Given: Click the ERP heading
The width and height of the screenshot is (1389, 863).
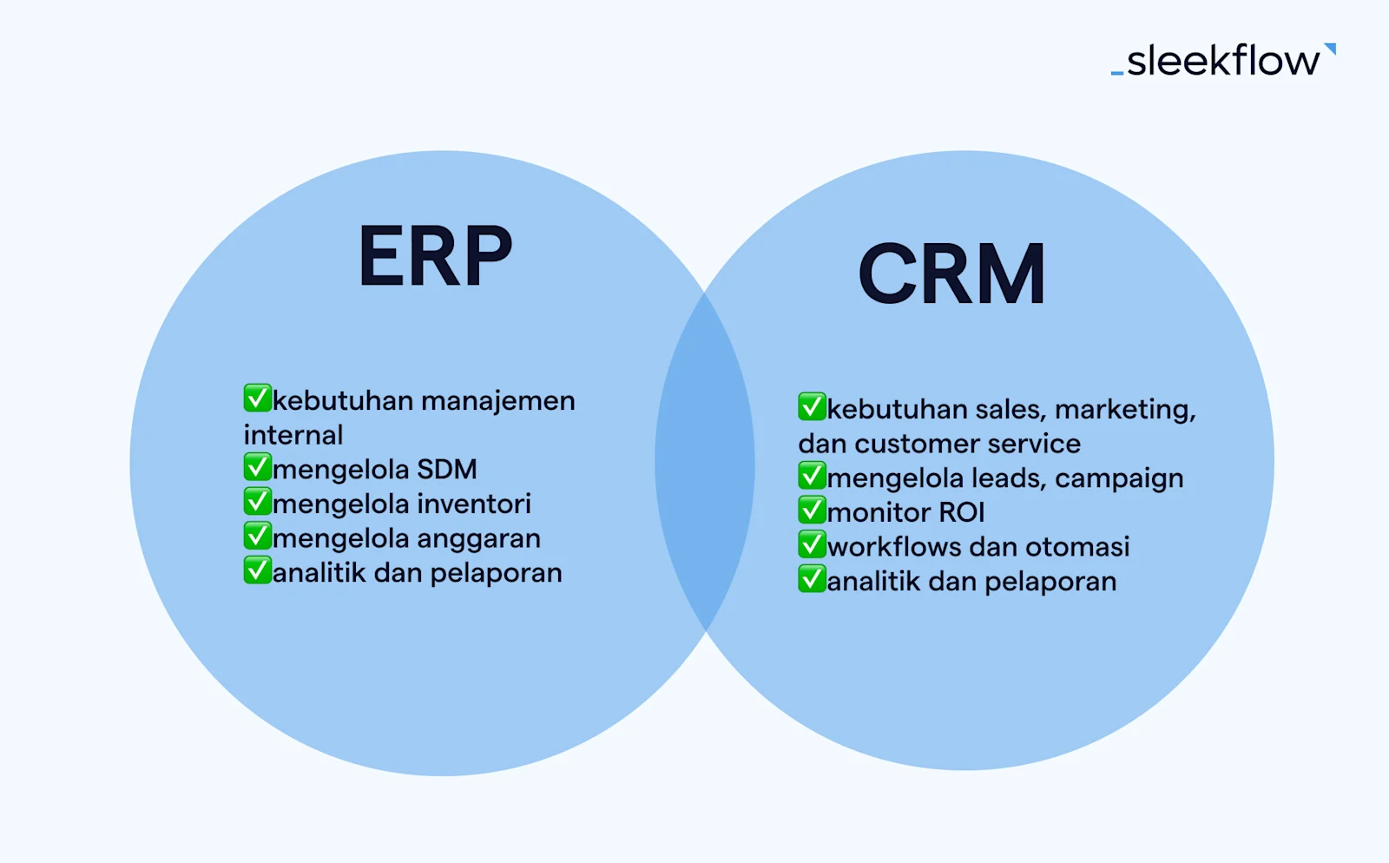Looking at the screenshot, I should [435, 256].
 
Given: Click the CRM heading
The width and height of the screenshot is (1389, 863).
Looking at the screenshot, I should [951, 274].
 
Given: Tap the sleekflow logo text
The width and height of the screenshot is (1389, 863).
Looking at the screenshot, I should [1222, 61].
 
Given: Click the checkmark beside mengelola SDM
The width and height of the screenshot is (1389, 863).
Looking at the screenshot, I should [257, 467].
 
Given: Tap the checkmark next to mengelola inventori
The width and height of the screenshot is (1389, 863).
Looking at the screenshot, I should [257, 502].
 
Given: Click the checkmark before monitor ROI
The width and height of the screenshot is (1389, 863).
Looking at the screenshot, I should [812, 510].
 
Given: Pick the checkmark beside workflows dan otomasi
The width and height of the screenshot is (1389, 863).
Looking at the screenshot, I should [812, 544].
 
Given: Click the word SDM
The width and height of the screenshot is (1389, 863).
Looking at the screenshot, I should [447, 469].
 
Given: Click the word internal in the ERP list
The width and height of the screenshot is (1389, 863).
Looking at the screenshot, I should [293, 434].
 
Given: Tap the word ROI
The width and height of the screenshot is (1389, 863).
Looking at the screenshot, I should [961, 512].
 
